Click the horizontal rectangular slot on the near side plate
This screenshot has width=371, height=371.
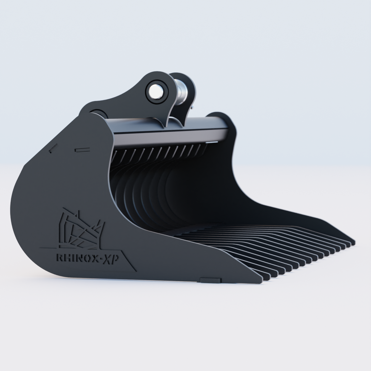(82, 150)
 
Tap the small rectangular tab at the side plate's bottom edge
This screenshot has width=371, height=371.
(211, 280)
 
